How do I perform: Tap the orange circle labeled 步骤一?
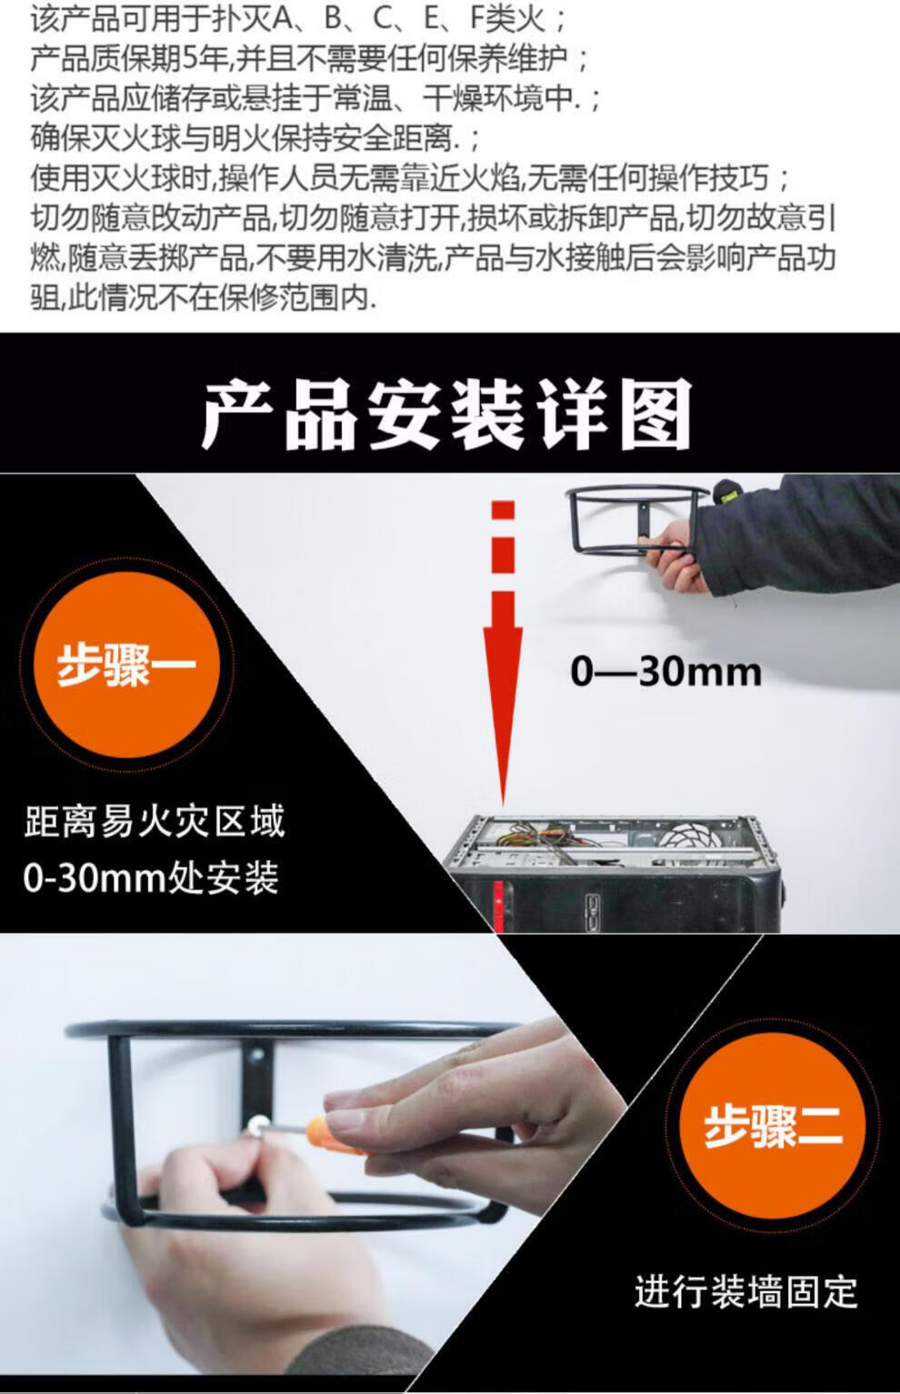tap(126, 664)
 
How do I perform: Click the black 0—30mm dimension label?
tap(665, 672)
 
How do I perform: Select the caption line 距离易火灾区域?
tap(155, 821)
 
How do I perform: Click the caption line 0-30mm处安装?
tap(151, 878)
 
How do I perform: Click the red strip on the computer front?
tap(499, 906)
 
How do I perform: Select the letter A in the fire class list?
tap(283, 19)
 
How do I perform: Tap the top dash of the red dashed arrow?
tap(503, 510)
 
